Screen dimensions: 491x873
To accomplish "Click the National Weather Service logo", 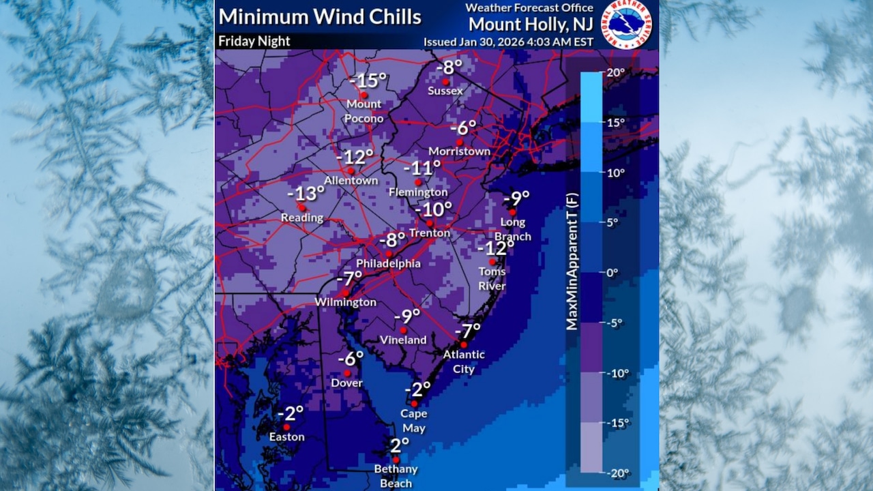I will [x=627, y=25].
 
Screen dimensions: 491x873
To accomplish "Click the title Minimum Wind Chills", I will [x=319, y=16].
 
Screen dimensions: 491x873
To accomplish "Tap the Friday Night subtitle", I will [x=254, y=41].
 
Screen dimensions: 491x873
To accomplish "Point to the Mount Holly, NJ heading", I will [x=530, y=24].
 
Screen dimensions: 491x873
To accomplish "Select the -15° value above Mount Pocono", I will [x=368, y=80].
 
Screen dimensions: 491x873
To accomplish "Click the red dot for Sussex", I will [x=445, y=81].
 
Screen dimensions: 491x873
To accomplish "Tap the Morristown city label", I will [x=459, y=151].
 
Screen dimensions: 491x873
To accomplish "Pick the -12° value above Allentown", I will [x=355, y=156].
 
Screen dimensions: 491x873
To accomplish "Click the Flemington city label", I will [x=418, y=192].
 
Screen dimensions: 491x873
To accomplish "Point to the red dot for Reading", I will [x=301, y=207].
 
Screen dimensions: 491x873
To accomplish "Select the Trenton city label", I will [x=430, y=233].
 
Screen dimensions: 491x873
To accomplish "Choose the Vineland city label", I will [x=403, y=340].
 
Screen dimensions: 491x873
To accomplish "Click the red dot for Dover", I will [x=347, y=373].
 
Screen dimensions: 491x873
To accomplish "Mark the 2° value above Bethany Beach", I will [x=400, y=445].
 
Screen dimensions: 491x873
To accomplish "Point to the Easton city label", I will [x=286, y=437].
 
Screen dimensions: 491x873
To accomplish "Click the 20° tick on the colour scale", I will [x=615, y=73].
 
